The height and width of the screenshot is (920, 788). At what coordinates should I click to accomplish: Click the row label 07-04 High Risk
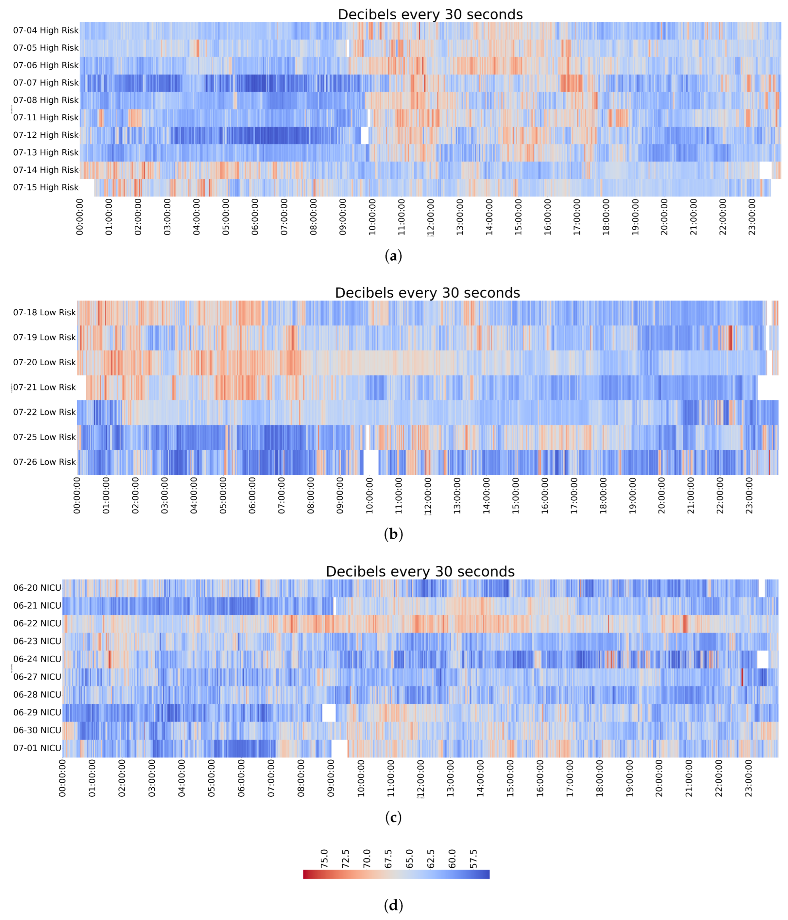pos(46,30)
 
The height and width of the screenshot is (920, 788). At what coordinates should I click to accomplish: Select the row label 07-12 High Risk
pos(46,135)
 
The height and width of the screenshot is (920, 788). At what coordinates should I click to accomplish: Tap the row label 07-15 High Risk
pos(46,187)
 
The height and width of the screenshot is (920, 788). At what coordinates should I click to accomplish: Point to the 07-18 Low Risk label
pos(44,313)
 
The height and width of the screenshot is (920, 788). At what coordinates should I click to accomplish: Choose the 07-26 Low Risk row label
pos(44,462)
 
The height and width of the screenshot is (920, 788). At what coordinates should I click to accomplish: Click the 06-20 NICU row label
pos(37,588)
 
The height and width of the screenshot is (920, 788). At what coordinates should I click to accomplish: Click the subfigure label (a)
pos(393,256)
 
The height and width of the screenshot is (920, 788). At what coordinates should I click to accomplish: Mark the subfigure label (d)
pos(393,905)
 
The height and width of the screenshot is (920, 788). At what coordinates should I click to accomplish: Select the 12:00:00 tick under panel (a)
pos(431,217)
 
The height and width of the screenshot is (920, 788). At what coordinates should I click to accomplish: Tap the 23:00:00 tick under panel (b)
pos(749,495)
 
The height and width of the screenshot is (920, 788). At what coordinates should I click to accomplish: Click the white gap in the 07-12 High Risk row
pos(365,135)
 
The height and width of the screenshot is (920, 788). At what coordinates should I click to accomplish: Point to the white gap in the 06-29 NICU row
pos(329,713)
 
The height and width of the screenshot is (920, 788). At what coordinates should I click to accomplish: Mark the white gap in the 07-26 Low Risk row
pos(371,462)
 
